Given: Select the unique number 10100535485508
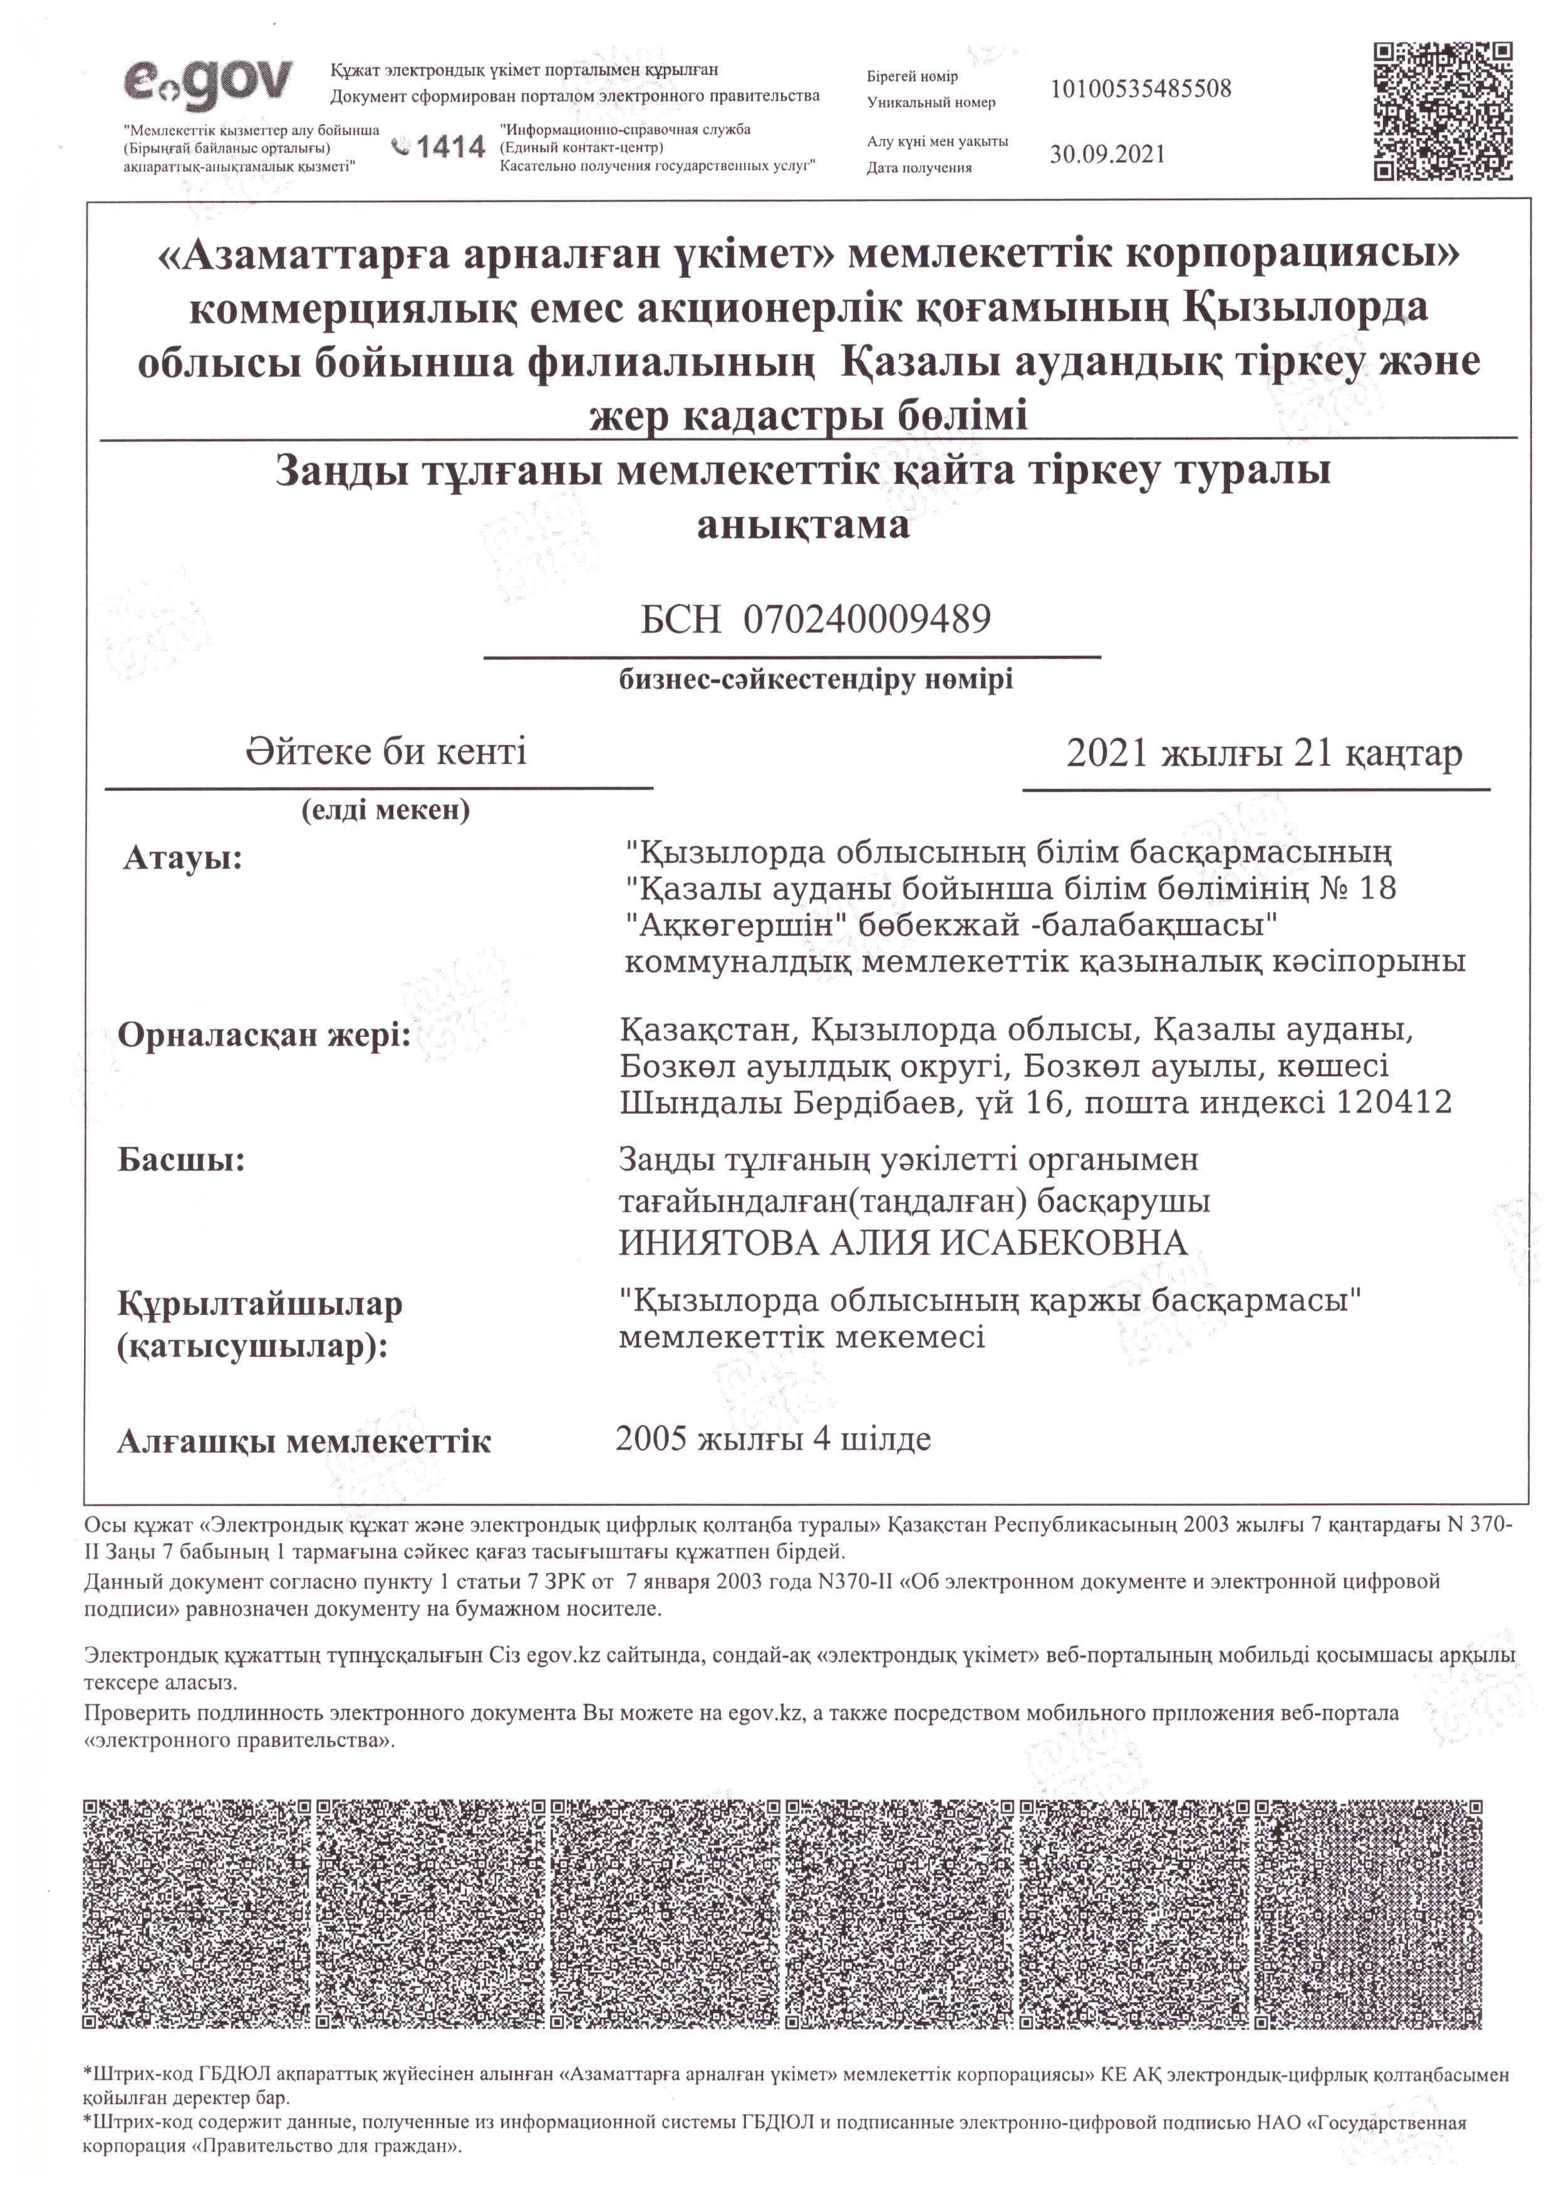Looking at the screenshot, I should pyautogui.click(x=1141, y=89).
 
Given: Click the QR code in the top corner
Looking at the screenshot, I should pyautogui.click(x=1443, y=110).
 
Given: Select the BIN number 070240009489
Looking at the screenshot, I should pyautogui.click(x=866, y=621).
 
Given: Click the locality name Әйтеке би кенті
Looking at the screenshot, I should pyautogui.click(x=386, y=752).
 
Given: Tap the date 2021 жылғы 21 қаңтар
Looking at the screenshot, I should pyautogui.click(x=1264, y=755).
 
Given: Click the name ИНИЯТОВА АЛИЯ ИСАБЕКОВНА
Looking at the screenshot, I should pyautogui.click(x=903, y=1244).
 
